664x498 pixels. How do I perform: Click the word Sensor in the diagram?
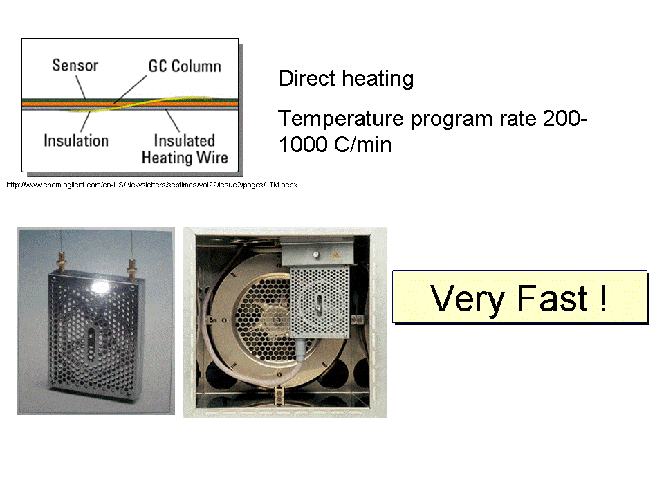[x=75, y=66]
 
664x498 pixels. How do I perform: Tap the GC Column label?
[x=185, y=66]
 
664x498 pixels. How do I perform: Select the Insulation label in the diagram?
[x=76, y=140]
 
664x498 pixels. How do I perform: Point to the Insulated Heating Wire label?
[x=184, y=149]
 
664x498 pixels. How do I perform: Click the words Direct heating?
[x=346, y=79]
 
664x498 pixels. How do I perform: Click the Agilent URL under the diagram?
[x=151, y=185]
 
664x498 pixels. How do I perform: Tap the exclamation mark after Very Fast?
[x=604, y=298]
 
